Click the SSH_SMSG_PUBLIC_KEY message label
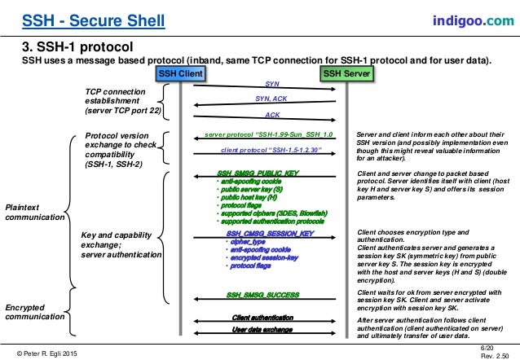point(258,173)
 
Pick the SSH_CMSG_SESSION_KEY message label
point(270,233)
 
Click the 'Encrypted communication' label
point(33,313)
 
